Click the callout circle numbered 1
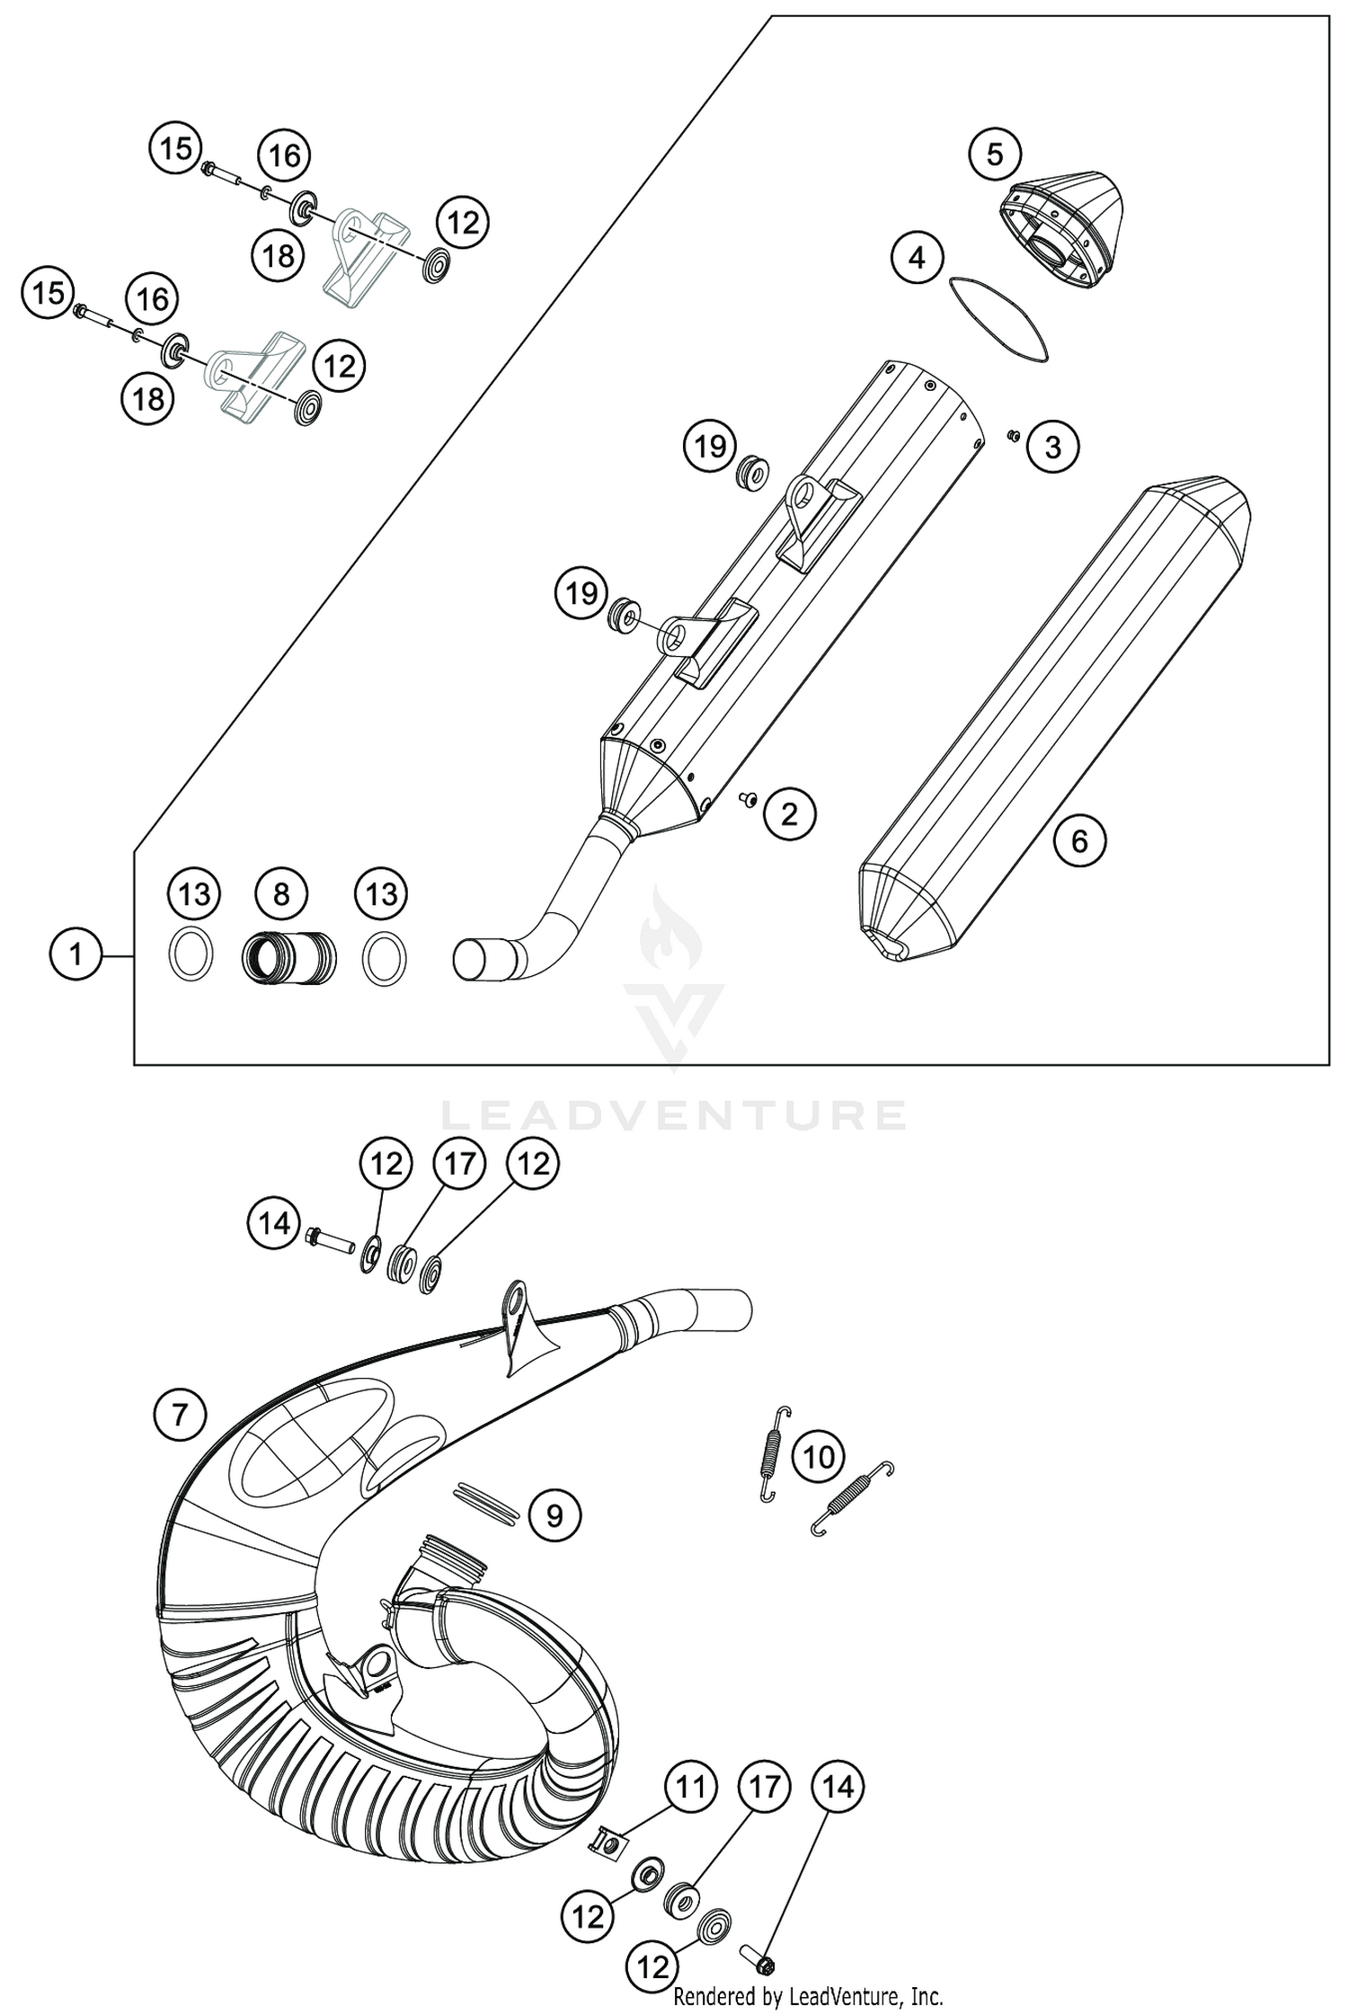tap(75, 954)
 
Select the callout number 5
tap(994, 155)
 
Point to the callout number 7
tap(179, 1416)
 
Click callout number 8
tap(281, 893)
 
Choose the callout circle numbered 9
tap(554, 1516)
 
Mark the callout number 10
tap(818, 1456)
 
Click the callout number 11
tap(690, 1787)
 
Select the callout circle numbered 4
tap(917, 259)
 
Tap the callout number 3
tap(1052, 447)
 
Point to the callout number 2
tap(788, 814)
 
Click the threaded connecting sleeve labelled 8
tap(288, 956)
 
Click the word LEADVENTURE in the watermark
tap(673, 1115)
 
